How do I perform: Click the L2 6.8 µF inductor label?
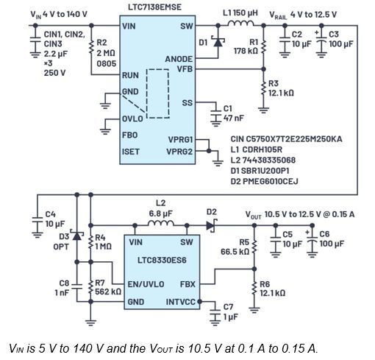[161, 209]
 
